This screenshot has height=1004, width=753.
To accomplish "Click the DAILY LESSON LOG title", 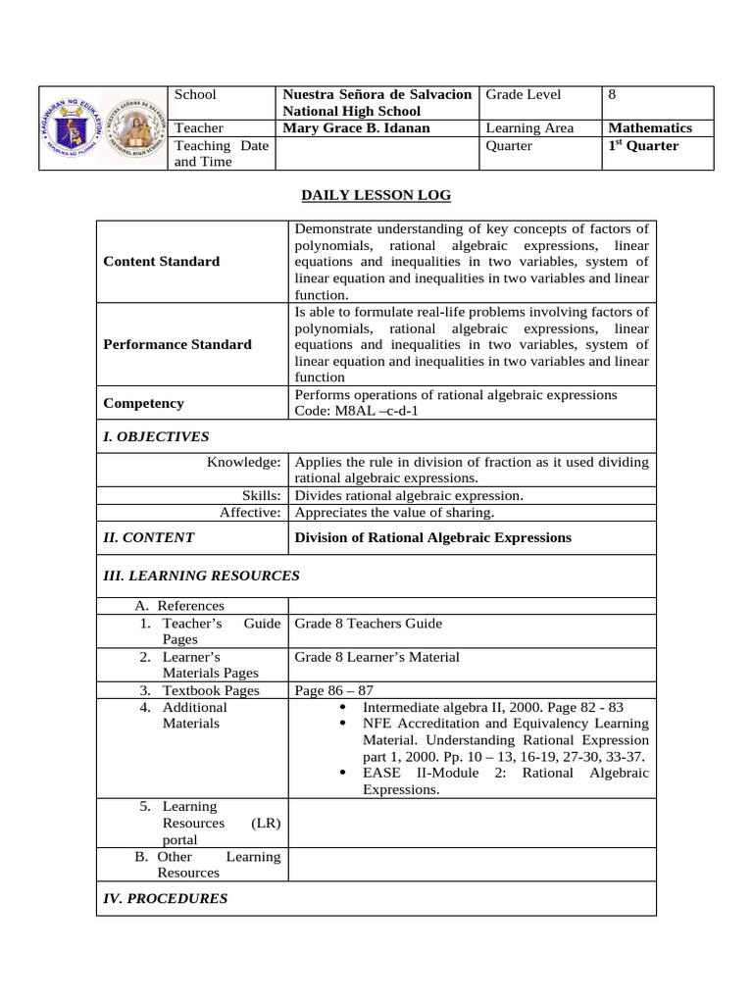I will tap(376, 195).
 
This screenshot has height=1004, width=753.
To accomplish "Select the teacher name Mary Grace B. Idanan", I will tap(356, 127).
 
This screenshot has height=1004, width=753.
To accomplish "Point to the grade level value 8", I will tap(612, 95).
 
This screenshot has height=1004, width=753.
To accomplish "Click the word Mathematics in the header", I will tap(649, 127).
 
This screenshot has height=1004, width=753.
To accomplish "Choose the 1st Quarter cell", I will tap(643, 146).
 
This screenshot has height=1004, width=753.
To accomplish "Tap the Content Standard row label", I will tap(161, 261).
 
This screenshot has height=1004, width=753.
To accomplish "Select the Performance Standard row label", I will tap(176, 344).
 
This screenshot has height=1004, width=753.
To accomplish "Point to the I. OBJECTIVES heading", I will tap(156, 436).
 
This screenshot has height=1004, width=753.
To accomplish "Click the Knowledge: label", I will tap(244, 461).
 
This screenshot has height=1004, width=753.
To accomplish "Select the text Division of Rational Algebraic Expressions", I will tap(432, 537).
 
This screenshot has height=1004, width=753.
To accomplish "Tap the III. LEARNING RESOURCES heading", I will tap(201, 576).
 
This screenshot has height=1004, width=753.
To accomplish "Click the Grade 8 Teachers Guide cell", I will tap(368, 624).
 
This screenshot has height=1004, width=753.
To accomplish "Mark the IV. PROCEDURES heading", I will tap(165, 898).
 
